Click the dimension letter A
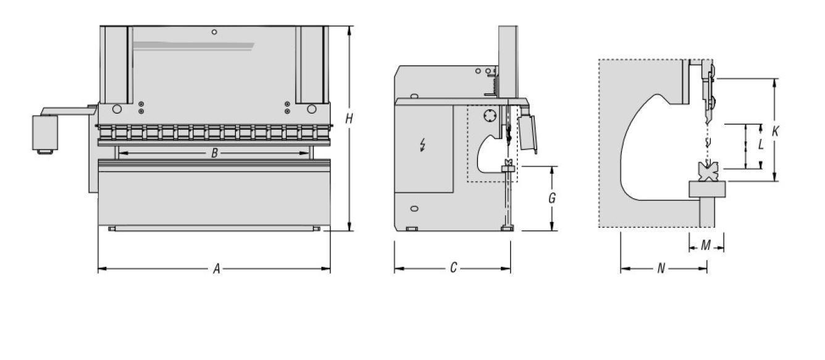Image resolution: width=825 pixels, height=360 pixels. click(x=217, y=269)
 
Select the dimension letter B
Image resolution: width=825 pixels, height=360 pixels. click(x=214, y=153)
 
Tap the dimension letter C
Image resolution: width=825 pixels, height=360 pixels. click(x=453, y=267)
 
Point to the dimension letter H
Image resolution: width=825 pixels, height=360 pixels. click(x=349, y=119)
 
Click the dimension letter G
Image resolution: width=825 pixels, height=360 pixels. click(x=551, y=198)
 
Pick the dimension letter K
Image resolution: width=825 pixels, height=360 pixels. click(x=775, y=131)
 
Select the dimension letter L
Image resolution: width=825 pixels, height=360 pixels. click(x=761, y=144)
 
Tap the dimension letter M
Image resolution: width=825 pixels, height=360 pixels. click(x=706, y=245)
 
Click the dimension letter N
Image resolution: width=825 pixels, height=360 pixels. click(x=661, y=269)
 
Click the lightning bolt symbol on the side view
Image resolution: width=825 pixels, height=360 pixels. click(x=423, y=145)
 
